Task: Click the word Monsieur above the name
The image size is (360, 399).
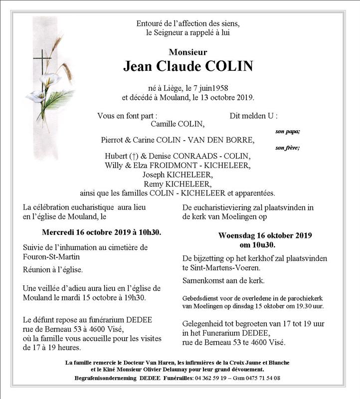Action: pos(188,52)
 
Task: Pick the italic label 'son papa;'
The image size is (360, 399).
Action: pos(288,132)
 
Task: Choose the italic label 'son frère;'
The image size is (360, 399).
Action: pos(288,148)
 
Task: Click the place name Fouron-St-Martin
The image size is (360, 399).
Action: pos(52,257)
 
